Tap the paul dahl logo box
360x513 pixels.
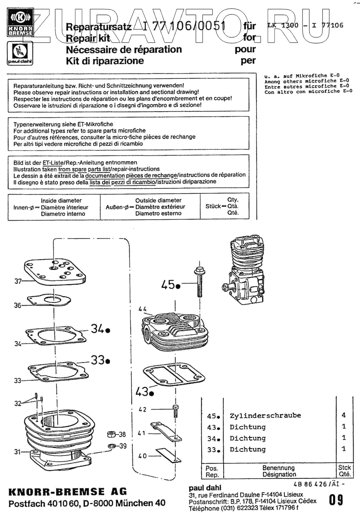[19, 54]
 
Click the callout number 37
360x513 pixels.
[18, 282]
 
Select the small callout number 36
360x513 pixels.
[18, 305]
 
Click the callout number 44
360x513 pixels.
[143, 309]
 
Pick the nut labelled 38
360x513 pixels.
[111, 434]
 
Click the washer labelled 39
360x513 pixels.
[111, 446]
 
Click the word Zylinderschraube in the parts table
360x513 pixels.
[265, 415]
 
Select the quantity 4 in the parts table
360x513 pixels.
[343, 415]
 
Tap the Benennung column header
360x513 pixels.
[279, 468]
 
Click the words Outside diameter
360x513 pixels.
[158, 201]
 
